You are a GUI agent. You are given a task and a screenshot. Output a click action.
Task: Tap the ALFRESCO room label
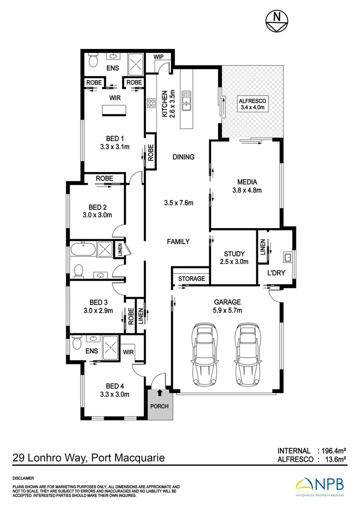[x=252, y=100]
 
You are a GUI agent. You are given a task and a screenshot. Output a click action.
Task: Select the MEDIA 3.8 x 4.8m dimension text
[x=247, y=190]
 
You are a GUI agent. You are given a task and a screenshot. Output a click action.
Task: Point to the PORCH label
[x=159, y=406]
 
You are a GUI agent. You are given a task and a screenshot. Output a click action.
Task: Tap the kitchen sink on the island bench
[x=186, y=102]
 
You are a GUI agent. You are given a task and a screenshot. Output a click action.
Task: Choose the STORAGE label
[x=191, y=279]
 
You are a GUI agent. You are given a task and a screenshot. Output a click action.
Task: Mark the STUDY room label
[x=234, y=254]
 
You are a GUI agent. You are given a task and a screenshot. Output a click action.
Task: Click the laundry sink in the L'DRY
[x=287, y=258]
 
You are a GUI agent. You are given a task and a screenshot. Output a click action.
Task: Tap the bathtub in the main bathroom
[x=83, y=249]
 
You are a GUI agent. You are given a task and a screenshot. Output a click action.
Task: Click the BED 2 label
[x=98, y=207]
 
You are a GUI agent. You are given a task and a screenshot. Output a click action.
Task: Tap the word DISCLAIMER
[x=24, y=477]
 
